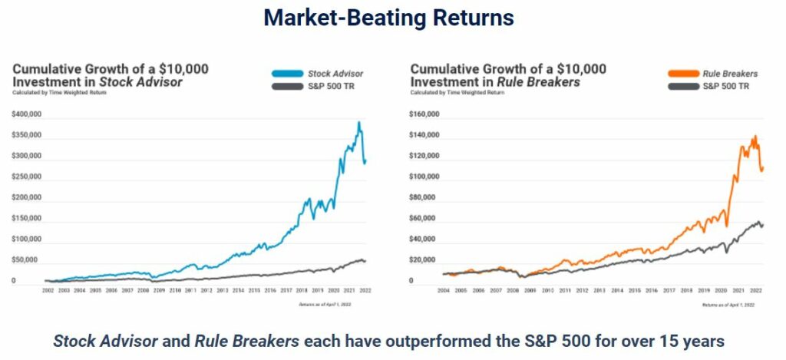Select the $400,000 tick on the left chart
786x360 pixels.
[27, 114]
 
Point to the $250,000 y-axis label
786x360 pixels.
[27, 177]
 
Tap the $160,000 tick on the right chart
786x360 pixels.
[425, 114]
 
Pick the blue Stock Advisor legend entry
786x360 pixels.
[317, 74]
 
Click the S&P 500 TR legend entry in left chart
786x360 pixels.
[317, 86]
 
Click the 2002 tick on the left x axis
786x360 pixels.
[48, 292]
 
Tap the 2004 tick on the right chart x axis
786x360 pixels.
[444, 292]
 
